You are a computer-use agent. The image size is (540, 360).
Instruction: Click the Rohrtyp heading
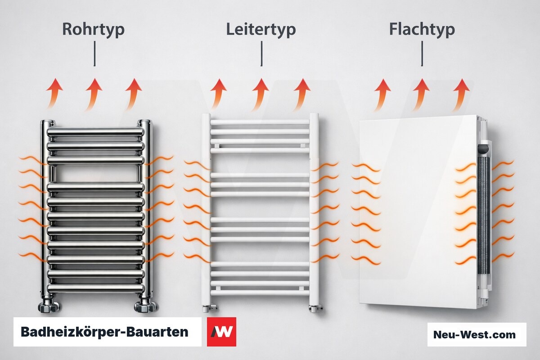pyautogui.click(x=93, y=30)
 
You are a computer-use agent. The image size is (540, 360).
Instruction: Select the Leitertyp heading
pyautogui.click(x=261, y=30)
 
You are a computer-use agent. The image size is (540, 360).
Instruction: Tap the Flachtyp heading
pyautogui.click(x=422, y=30)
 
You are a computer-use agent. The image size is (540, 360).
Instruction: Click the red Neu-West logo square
pyautogui.click(x=221, y=332)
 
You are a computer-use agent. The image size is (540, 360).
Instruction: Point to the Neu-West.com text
pyautogui.click(x=474, y=334)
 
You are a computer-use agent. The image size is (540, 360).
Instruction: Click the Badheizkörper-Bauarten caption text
pyautogui.click(x=104, y=332)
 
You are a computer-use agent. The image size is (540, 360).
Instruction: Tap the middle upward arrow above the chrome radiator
pyautogui.click(x=93, y=94)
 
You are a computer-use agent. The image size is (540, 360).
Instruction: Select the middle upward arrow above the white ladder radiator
pyautogui.click(x=260, y=94)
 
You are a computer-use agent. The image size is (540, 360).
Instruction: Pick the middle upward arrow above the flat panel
pyautogui.click(x=420, y=94)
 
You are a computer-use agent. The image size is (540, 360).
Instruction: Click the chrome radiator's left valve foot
pyautogui.click(x=49, y=306)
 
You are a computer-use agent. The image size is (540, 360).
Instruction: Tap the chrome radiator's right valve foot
pyautogui.click(x=145, y=306)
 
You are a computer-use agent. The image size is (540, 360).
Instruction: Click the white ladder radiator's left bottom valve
pyautogui.click(x=209, y=308)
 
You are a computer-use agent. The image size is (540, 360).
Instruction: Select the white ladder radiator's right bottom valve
pyautogui.click(x=315, y=308)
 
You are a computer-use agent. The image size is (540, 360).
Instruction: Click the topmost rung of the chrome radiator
pyautogui.click(x=96, y=132)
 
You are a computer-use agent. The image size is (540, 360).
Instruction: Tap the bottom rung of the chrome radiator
pyautogui.click(x=96, y=288)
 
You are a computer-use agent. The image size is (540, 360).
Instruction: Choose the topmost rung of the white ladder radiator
pyautogui.click(x=260, y=122)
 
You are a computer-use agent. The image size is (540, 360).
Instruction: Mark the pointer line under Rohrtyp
pyautogui.click(x=94, y=54)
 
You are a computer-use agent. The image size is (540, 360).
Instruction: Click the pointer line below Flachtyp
pyautogui.click(x=422, y=54)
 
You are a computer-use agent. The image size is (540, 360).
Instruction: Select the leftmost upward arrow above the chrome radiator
pyautogui.click(x=54, y=94)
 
